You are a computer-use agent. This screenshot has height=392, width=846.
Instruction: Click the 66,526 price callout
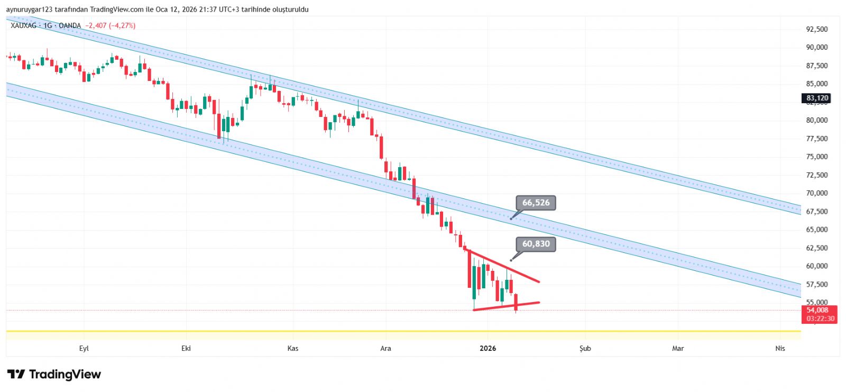536,203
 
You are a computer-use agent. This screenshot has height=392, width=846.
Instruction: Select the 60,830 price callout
536,244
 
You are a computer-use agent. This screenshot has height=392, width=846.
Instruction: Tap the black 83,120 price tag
817,98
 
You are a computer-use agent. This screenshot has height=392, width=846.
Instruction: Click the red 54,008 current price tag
819,314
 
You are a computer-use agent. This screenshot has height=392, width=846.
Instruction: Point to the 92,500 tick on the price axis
816,29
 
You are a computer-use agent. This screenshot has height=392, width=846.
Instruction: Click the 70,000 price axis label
816,193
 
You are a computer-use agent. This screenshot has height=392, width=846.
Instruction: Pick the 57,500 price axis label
816,284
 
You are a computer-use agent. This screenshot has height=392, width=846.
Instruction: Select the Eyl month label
84,348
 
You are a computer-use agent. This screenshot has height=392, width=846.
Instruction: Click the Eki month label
186,348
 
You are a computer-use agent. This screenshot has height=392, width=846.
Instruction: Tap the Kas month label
292,348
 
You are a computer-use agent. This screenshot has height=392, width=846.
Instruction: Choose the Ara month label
385,348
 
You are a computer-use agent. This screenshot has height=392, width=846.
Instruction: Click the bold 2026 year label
488,348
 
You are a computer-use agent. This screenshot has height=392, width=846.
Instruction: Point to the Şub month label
585,348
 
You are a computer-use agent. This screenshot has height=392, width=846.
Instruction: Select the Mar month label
677,348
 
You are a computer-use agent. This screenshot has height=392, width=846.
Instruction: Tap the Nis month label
780,348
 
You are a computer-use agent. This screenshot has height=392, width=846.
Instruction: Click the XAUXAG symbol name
23,25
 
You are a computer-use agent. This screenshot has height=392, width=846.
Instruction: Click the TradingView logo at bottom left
54,375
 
